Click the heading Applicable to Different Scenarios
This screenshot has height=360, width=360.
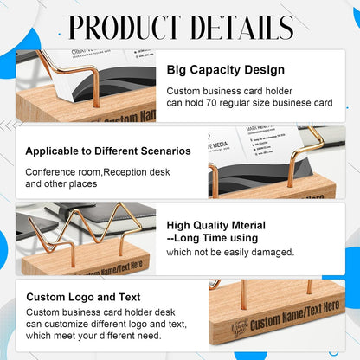click(108, 151)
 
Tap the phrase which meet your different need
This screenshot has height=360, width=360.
click(93, 335)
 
